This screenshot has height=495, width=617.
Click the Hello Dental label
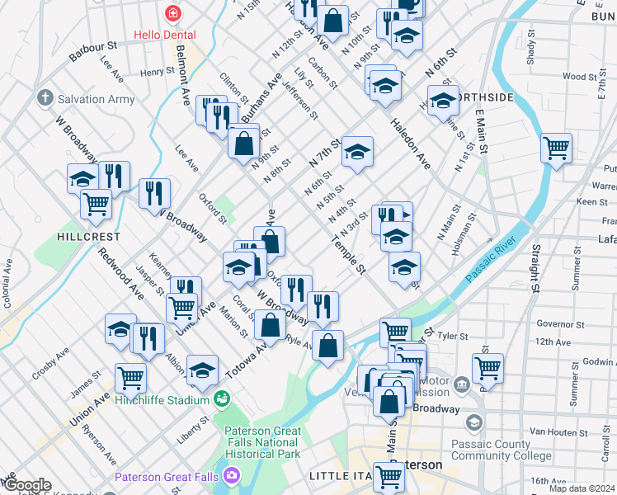pyautogui.click(x=166, y=35)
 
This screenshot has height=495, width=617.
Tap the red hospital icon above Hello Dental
pyautogui.click(x=172, y=13)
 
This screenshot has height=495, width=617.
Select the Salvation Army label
pyautogui.click(x=97, y=99)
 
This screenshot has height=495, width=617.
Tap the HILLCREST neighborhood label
pyautogui.click(x=88, y=236)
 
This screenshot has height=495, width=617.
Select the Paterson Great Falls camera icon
pyautogui.click(x=232, y=476)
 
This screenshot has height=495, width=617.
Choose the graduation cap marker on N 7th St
pyautogui.click(x=357, y=151)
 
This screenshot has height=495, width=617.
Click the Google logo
pyautogui.click(x=26, y=485)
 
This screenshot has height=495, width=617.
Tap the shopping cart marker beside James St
pyautogui.click(x=130, y=378)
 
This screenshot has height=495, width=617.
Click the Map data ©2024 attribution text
pyautogui.click(x=582, y=488)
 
